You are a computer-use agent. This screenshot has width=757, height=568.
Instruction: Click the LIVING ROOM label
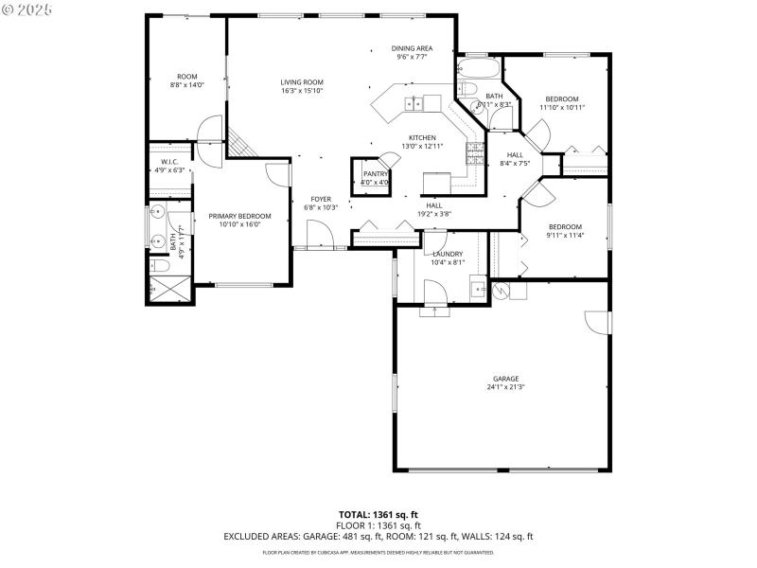click(302, 82)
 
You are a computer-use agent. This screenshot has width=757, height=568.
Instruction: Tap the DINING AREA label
click(413, 48)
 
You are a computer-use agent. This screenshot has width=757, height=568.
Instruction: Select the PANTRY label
click(376, 174)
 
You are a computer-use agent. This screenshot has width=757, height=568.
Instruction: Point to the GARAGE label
click(505, 379)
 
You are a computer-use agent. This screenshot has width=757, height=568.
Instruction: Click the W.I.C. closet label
click(170, 162)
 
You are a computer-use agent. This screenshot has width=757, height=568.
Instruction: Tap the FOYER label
click(322, 199)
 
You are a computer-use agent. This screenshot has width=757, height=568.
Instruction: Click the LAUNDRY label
click(448, 254)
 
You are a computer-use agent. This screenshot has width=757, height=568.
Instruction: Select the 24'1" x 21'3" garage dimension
click(505, 387)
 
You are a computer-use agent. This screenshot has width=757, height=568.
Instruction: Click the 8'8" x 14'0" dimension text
click(186, 85)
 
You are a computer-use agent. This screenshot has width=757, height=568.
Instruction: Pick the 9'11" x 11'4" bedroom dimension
click(565, 236)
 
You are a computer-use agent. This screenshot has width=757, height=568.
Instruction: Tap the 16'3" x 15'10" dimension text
click(302, 91)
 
